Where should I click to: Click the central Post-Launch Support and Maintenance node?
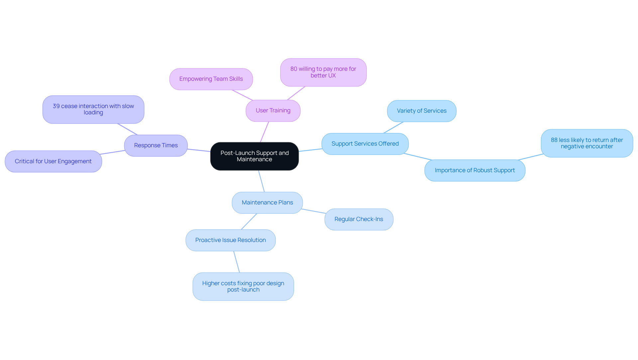[254, 156]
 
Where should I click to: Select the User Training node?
[273, 111]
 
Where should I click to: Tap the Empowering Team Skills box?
[211, 79]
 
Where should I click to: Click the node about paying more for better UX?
[323, 72]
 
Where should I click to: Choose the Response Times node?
[156, 146]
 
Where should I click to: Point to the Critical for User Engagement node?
[53, 162]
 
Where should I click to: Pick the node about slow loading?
[93, 110]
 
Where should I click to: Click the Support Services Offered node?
[365, 144]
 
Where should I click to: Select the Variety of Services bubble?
[421, 111]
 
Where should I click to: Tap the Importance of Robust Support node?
[475, 171]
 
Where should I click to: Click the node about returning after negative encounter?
[586, 143]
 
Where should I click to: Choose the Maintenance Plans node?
[267, 203]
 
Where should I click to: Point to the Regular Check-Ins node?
[359, 219]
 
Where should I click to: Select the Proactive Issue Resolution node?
[230, 240]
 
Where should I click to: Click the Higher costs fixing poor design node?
[243, 287]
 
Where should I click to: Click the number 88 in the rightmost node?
[554, 140]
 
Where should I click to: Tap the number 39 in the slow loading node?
[56, 106]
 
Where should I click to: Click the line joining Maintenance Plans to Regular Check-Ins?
[314, 211]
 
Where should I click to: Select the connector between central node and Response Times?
[199, 150]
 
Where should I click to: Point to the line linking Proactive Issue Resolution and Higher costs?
[236, 262]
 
